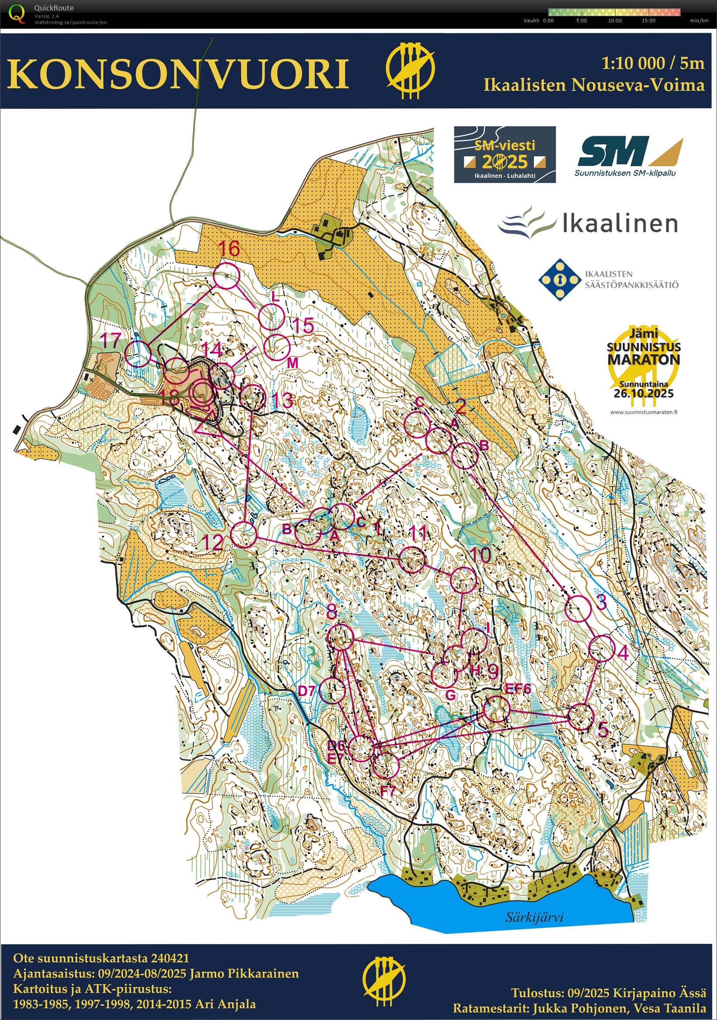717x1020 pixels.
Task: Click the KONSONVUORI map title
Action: [178, 74]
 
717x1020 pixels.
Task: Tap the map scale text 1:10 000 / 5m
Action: [653, 63]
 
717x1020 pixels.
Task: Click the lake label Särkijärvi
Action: [534, 914]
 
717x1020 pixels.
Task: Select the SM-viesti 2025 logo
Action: [505, 154]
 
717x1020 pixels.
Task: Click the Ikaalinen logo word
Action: [620, 223]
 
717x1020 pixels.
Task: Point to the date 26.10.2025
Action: [643, 393]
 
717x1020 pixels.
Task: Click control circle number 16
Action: [227, 275]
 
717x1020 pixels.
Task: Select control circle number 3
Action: [578, 608]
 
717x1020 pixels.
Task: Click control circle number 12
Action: [245, 534]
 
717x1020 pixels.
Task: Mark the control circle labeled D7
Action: [333, 691]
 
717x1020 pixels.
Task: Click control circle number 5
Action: [581, 717]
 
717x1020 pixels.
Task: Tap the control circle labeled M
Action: [277, 347]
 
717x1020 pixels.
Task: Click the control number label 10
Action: [480, 555]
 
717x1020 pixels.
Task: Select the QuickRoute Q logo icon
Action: [17, 13]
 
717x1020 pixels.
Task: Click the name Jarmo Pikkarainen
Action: [243, 973]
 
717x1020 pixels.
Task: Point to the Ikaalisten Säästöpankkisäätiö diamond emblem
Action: [559, 280]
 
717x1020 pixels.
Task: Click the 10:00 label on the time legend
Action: [615, 21]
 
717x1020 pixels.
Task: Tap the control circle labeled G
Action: [444, 674]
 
